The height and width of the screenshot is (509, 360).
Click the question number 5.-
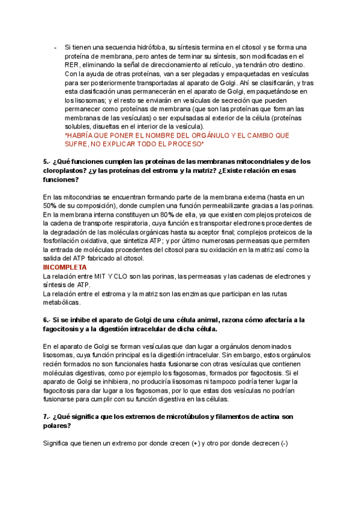coord(47,161)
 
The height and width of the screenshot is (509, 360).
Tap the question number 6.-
coord(47,320)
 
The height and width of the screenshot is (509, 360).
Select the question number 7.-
coord(47,417)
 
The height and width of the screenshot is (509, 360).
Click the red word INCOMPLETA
coord(65,267)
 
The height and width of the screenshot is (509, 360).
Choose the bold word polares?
coord(57,426)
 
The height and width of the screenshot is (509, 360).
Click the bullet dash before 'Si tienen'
coord(55,47)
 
